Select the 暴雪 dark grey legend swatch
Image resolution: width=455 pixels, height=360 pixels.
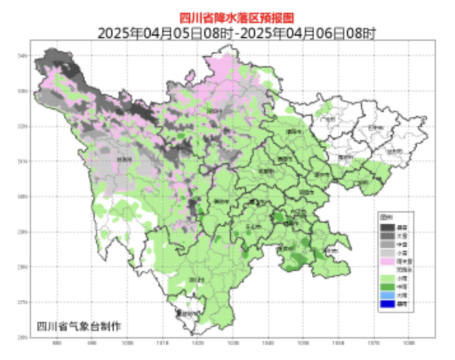[x=387, y=227]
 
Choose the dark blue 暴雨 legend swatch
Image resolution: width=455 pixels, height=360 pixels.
[x=387, y=303]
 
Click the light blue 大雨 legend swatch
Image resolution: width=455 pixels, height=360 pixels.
[x=387, y=295]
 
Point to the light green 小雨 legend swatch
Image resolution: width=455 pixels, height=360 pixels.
[x=387, y=277]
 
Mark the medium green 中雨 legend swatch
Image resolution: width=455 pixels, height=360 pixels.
[x=387, y=286]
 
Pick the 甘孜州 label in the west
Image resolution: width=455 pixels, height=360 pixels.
[x=123, y=158]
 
